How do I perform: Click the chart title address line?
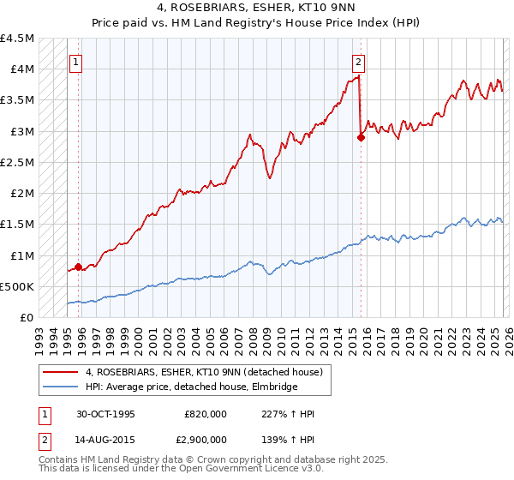point(256,9)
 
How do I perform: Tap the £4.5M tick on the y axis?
point(18,39)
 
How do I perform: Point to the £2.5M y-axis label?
point(18,162)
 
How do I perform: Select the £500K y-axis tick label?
point(18,286)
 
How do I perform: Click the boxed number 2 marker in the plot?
point(358,62)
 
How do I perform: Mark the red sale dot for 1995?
point(79,267)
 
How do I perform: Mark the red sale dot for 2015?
point(361,137)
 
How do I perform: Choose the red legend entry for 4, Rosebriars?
point(204,372)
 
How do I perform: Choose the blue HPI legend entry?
point(191,387)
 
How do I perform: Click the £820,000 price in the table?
point(206,414)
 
